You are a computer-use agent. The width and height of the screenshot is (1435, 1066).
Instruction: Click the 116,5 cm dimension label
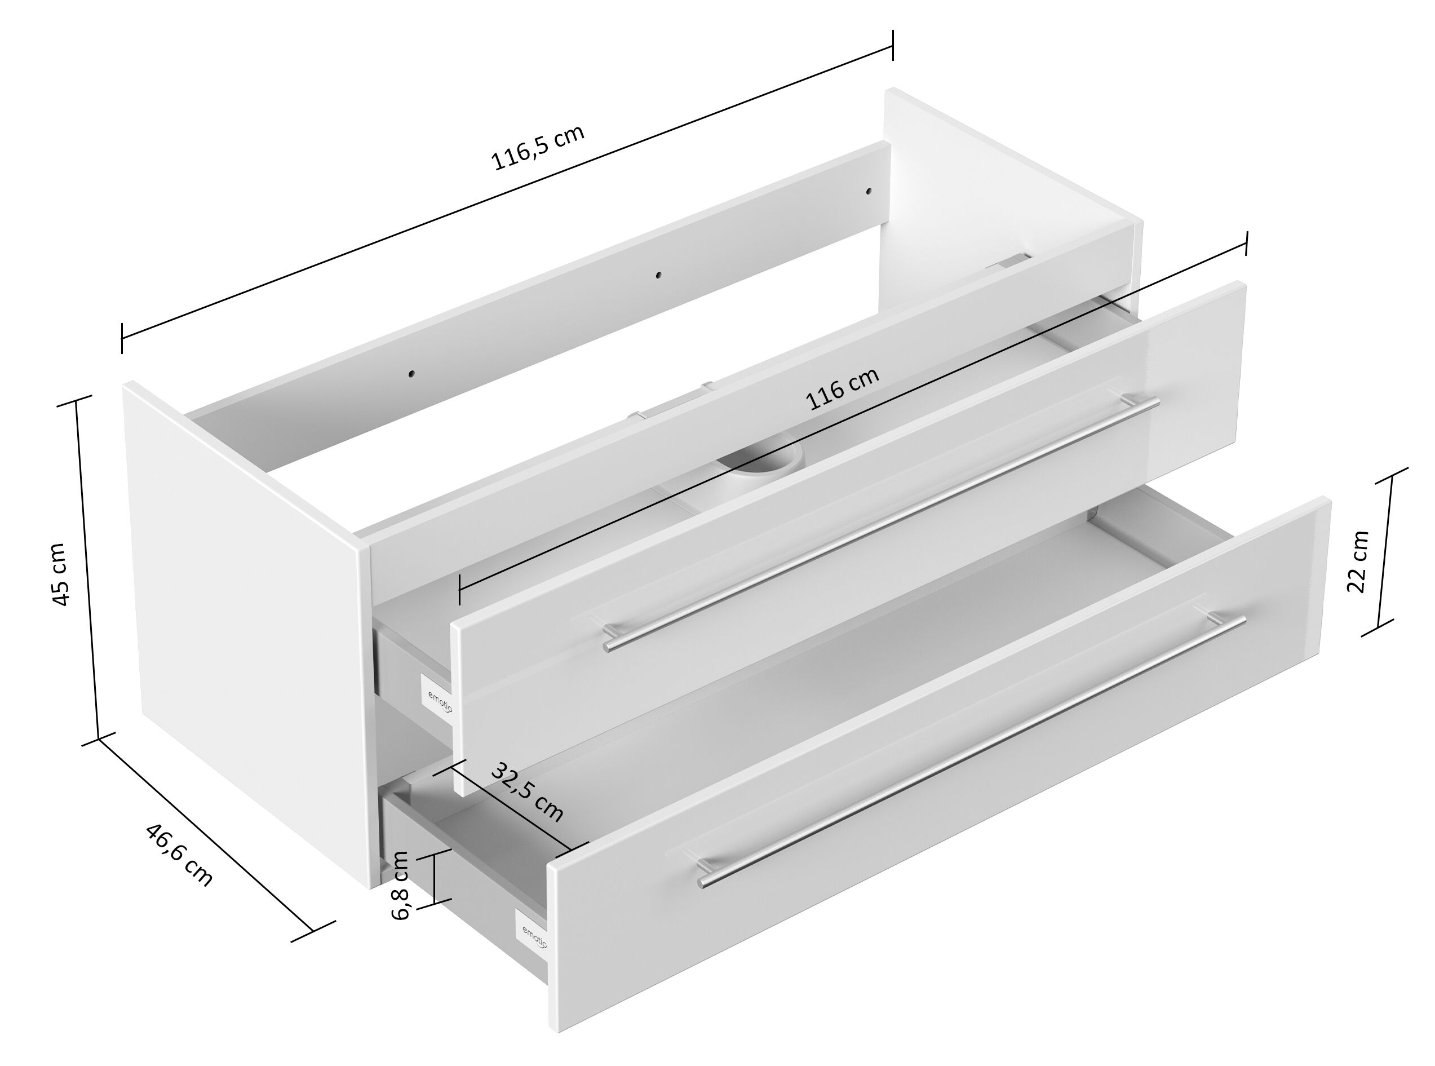(x=538, y=147)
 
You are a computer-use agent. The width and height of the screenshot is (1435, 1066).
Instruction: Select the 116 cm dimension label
(x=842, y=389)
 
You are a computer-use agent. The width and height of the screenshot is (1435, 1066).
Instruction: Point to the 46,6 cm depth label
(x=178, y=855)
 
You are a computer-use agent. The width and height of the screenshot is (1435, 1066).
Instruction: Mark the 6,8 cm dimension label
(x=401, y=885)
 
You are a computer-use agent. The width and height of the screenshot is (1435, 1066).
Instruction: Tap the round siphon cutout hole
(x=765, y=463)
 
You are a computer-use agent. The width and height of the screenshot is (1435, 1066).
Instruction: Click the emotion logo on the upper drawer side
(x=440, y=700)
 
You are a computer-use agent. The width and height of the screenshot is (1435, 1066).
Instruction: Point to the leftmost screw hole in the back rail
(x=411, y=374)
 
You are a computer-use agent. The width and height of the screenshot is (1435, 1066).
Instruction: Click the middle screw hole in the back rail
(x=658, y=275)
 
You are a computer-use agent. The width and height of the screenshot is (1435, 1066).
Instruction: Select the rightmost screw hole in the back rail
(x=868, y=192)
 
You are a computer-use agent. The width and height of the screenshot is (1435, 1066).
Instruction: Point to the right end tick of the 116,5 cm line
(x=893, y=45)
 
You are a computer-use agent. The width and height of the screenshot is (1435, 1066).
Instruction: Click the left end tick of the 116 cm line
(x=459, y=589)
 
